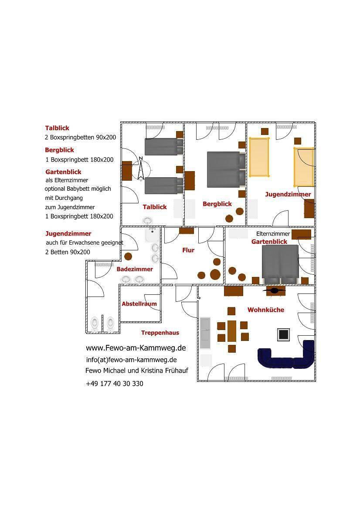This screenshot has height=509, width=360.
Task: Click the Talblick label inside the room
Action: coord(155,207)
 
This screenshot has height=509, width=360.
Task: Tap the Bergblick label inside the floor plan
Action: coord(217,204)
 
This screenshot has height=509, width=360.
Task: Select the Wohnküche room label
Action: coord(266,310)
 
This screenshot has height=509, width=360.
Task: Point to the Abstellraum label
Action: coord(139,304)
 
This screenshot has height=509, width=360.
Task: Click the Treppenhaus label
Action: coord(160,333)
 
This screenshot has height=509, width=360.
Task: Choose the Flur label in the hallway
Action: coord(188,250)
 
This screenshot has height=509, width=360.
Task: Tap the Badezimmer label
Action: coord(135,269)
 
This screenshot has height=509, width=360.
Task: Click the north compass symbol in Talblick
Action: coord(141,168)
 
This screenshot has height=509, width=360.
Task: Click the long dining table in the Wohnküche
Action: coord(232,331)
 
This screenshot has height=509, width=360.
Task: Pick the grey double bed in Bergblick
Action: coord(226,169)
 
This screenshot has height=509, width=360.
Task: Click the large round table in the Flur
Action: coord(215,275)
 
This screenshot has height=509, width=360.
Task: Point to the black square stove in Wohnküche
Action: coord(283,335)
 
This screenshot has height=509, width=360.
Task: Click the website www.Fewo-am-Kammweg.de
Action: coord(136,348)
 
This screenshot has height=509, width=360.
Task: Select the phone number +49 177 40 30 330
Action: coord(114,384)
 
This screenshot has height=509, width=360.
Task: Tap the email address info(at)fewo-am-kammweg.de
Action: coord(131,360)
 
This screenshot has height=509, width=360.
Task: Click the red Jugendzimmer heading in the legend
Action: coord(68,234)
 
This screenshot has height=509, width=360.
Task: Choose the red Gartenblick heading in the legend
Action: coord(63,172)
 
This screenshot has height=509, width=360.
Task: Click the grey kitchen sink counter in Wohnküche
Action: coord(205,333)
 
